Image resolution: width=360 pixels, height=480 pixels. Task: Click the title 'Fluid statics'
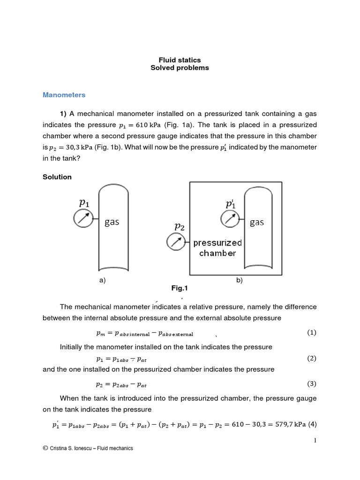(180, 60)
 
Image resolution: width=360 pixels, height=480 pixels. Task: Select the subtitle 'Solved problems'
(180, 68)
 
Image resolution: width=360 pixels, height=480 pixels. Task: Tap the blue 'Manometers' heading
(64, 95)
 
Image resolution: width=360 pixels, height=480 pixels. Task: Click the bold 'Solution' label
(57, 177)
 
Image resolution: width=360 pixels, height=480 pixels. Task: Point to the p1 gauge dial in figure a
(82, 218)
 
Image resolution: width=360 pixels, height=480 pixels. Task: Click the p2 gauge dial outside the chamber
(175, 242)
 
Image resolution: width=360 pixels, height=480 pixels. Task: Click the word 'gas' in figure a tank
(112, 222)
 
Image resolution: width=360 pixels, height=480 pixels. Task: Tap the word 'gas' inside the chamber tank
(257, 222)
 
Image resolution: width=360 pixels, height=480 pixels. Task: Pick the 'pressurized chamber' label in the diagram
(217, 248)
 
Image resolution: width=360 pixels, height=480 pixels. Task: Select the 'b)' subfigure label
(239, 280)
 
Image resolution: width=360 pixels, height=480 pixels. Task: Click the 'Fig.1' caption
(180, 288)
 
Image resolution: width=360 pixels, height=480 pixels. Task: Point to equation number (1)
(312, 332)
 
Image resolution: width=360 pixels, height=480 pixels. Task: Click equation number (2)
(312, 358)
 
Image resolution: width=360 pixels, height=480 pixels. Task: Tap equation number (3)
(312, 383)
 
